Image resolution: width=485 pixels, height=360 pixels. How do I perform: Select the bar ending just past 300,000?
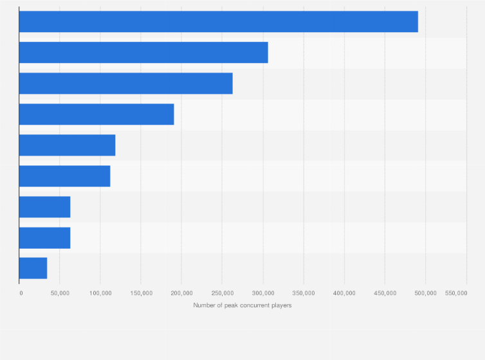coord(143,53)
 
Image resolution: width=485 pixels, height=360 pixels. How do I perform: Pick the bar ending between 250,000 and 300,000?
coord(126,84)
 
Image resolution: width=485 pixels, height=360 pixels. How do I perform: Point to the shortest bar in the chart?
coord(33,268)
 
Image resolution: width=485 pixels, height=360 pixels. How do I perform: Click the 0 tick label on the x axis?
coord(21,293)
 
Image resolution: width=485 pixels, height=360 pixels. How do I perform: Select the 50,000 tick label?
coord(60,293)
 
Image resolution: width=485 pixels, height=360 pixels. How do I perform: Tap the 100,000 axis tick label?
coord(100,293)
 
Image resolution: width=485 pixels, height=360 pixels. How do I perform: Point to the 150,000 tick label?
coord(141,293)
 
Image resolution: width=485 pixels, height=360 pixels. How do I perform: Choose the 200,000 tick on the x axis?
coord(181,293)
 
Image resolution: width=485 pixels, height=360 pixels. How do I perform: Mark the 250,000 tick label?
coord(222,293)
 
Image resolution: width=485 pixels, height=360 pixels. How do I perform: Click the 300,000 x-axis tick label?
coord(263,293)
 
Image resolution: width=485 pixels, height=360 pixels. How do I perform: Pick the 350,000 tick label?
coord(304,293)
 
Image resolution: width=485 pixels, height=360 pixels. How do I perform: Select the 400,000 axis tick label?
coord(344,293)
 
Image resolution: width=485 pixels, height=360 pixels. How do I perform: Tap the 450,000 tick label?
coord(385,293)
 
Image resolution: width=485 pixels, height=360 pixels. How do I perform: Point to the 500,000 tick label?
coord(425,293)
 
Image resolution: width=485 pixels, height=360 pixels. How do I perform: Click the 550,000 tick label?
coord(456,293)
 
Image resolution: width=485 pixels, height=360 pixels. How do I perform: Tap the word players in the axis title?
coord(282,305)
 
